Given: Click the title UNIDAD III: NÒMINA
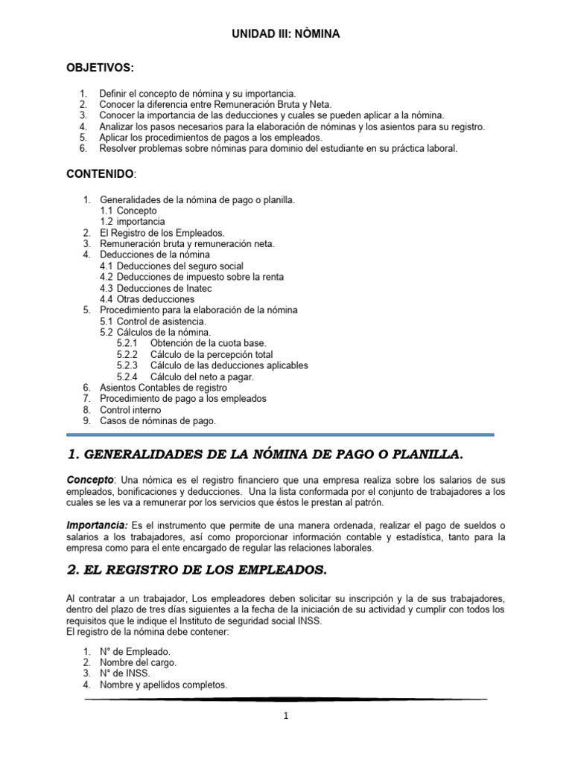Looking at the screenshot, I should pos(287,34).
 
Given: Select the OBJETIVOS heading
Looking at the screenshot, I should pos(101,68).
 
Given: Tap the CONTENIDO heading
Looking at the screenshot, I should pos(101,173).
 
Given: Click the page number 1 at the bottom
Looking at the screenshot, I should pos(285,717).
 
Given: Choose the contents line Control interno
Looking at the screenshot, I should pos(130,410).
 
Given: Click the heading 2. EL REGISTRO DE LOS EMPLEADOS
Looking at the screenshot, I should pos(197,571).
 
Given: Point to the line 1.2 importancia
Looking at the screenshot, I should pos(133,222).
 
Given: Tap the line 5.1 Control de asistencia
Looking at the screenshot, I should pos(153,321).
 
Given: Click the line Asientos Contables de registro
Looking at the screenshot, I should pos(163,388).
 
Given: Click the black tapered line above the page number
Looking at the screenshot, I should pos(285,699).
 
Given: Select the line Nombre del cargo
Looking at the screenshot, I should pos(139,662).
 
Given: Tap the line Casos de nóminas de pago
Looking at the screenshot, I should pos(158,421).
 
